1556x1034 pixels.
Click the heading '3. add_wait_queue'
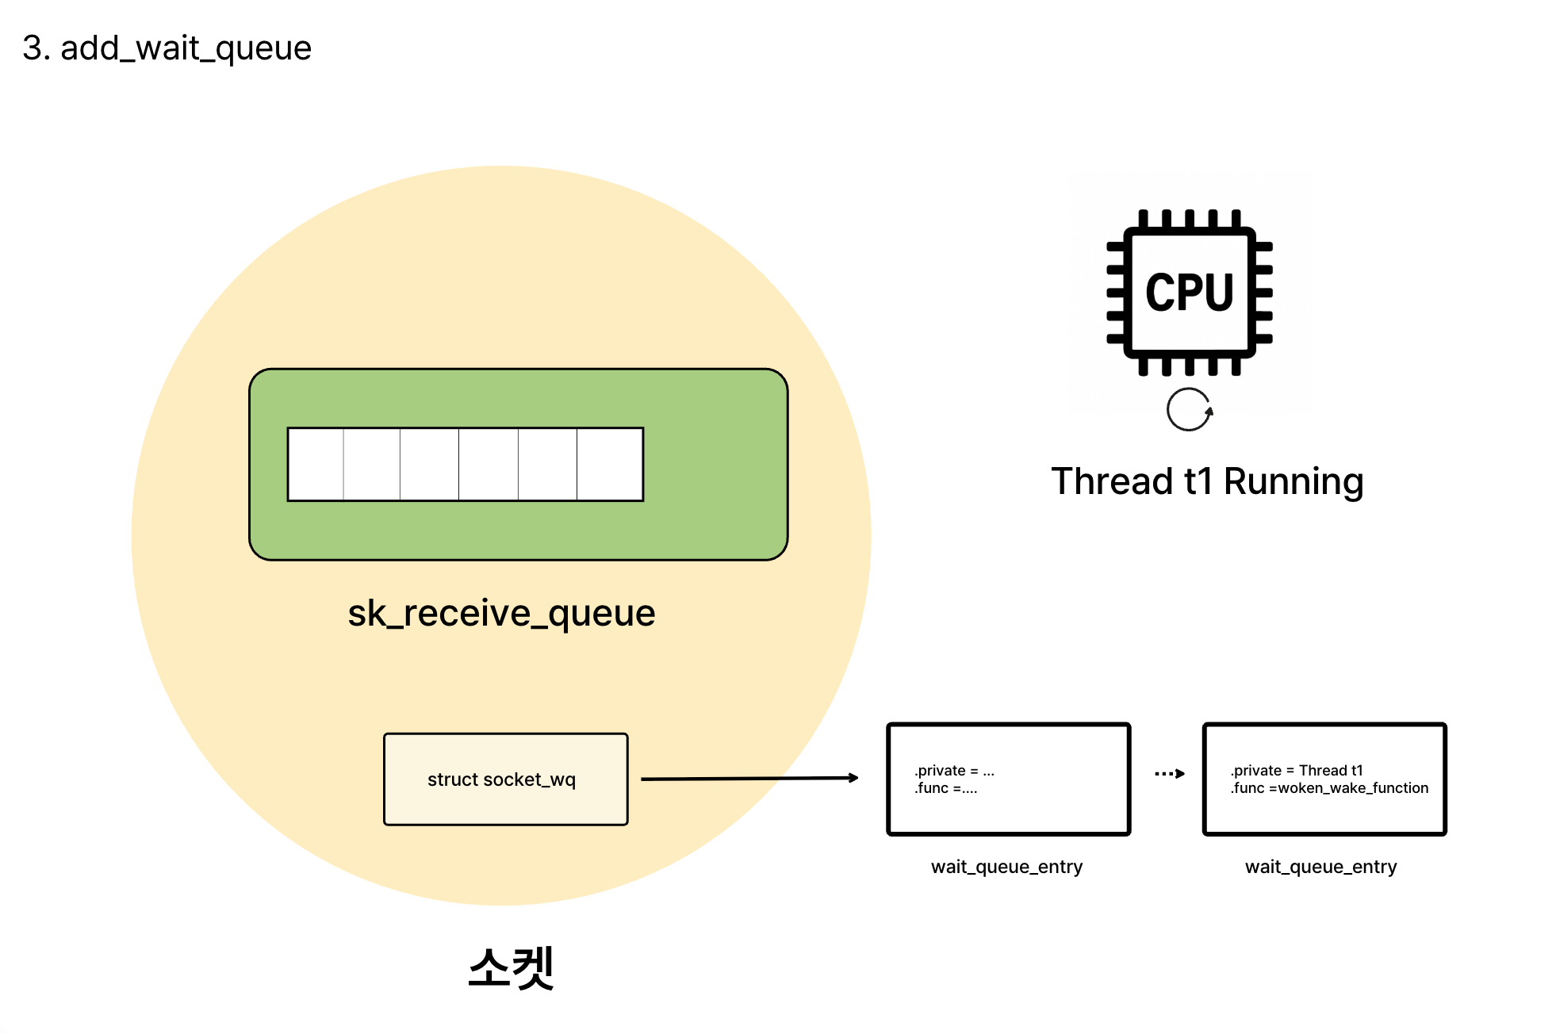167,48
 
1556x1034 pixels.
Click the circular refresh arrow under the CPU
1189,410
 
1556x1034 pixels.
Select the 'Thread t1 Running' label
1206,481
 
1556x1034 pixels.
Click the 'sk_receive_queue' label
501,613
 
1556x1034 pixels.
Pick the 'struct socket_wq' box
505,779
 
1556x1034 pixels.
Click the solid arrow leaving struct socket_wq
749,779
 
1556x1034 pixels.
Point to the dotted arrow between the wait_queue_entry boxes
1170,773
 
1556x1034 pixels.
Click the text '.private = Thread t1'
1297,770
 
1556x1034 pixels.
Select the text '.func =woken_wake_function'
1329,788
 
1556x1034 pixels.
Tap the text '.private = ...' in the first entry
954,770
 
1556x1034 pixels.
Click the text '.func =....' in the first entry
945,788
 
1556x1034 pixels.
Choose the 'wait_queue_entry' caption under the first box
1006,867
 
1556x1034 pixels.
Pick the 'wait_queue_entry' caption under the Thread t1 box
1320,867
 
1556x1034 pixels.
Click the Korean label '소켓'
511,967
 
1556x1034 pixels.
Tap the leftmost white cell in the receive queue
316,465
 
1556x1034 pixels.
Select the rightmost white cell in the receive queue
610,465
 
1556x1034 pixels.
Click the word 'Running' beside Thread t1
1293,481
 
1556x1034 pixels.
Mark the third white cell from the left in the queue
429,465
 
